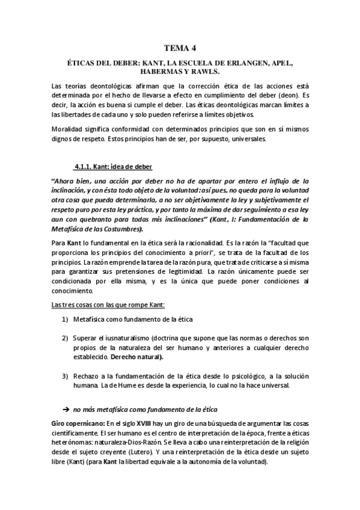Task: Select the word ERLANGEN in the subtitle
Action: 233,63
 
